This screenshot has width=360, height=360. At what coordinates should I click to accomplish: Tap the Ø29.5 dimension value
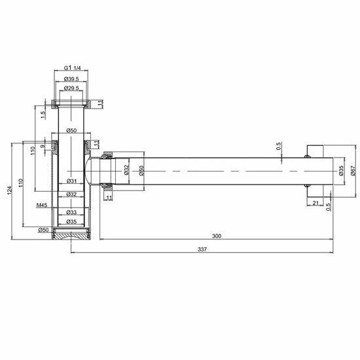[73, 88]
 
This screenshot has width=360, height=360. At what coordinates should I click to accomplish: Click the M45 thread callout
[43, 205]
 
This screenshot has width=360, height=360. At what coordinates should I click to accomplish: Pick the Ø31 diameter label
[72, 181]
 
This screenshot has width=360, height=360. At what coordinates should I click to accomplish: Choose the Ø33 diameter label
[72, 212]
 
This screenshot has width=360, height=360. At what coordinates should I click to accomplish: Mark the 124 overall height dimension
[9, 189]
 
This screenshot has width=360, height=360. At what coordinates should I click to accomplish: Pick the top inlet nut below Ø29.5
[72, 103]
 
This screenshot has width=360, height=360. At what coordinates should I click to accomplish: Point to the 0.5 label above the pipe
[279, 146]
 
